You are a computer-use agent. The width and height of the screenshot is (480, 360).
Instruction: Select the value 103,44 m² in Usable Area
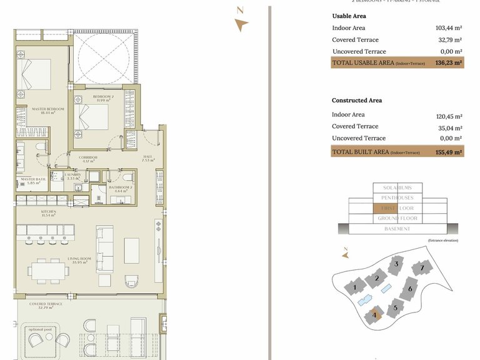(448, 28)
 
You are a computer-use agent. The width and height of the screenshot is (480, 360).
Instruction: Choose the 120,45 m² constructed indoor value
(448, 116)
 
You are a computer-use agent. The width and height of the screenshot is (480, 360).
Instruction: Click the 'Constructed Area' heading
(357, 101)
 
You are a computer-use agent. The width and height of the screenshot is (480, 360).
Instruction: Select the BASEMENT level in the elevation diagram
(397, 229)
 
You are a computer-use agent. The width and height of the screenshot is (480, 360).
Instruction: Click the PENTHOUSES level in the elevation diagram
(397, 197)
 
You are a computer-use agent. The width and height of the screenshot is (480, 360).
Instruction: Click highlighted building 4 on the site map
(374, 316)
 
